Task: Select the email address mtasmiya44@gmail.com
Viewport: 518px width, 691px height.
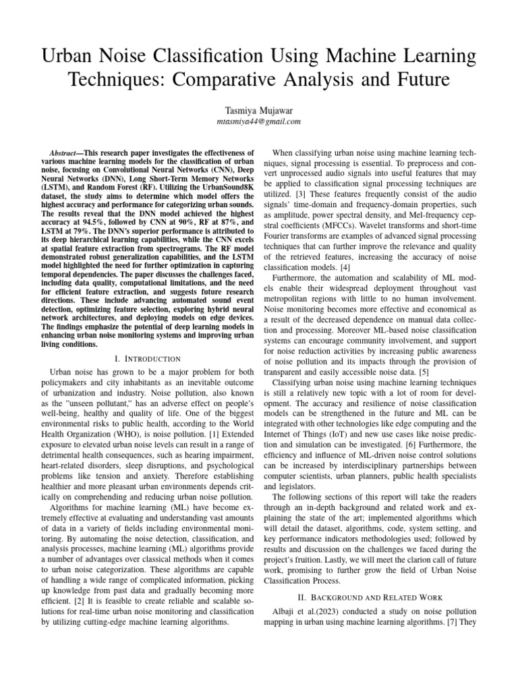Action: (x=259, y=121)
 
